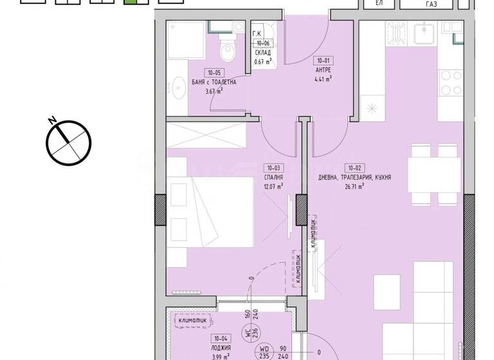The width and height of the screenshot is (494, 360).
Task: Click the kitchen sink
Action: (x=425, y=32)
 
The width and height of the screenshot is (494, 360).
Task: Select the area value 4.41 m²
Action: (x=322, y=80)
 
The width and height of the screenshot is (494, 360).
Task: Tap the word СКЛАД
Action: (x=262, y=53)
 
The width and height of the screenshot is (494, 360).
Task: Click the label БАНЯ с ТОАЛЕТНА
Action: (x=214, y=82)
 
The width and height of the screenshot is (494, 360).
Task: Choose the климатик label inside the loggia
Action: (x=192, y=319)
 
